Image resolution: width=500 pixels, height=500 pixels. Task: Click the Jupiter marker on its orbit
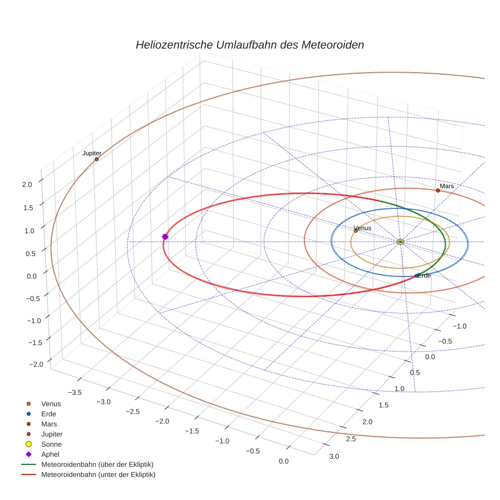[x=97, y=159]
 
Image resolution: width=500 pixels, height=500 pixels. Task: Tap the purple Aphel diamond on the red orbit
[x=165, y=237]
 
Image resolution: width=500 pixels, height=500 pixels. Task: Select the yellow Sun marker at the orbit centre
[x=400, y=241]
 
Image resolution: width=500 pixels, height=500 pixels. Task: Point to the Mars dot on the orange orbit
[x=438, y=191]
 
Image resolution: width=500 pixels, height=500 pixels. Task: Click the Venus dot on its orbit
[x=356, y=231]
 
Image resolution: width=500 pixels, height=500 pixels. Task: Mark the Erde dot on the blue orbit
[x=417, y=276]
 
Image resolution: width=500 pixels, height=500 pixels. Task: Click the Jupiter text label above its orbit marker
[x=92, y=153]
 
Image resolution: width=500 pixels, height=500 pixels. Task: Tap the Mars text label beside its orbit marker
[x=447, y=186]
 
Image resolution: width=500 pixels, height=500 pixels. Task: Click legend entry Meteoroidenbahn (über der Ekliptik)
[x=98, y=464]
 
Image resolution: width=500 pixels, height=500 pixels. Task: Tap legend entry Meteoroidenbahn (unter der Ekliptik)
[x=98, y=475]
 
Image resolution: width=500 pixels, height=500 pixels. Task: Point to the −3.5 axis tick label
[x=75, y=392]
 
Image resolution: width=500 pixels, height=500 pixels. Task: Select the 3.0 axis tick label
[x=333, y=456]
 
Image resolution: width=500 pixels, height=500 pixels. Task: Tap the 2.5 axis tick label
[x=351, y=439]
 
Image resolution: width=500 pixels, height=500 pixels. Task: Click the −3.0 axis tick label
[x=104, y=401]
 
